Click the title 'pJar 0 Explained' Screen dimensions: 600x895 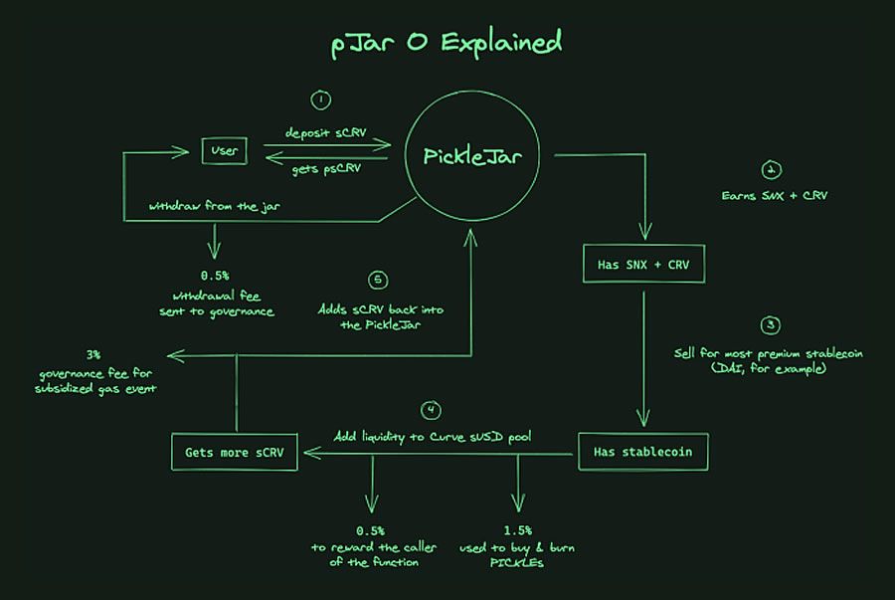point(447,44)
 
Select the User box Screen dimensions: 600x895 point(226,151)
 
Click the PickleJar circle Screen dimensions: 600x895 point(480,156)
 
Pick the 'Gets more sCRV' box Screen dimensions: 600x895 point(234,453)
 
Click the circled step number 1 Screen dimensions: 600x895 point(320,100)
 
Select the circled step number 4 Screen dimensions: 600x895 point(431,411)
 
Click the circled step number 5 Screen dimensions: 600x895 point(375,280)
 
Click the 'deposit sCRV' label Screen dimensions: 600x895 point(325,132)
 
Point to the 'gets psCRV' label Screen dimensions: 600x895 point(326,169)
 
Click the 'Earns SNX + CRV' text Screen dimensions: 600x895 point(775,195)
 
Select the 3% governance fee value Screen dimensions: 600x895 point(93,354)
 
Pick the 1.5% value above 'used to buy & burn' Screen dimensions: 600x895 point(517,530)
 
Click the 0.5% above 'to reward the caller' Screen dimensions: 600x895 point(371,530)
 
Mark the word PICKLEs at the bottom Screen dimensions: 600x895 point(517,563)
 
